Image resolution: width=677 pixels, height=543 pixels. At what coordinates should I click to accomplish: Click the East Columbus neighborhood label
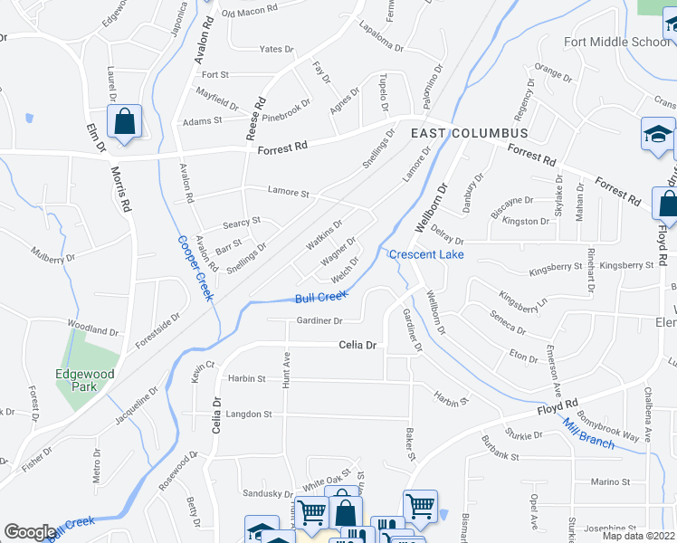(469, 133)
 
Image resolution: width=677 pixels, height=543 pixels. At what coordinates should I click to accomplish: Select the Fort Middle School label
(617, 42)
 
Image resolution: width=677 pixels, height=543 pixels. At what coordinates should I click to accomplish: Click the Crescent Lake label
(426, 254)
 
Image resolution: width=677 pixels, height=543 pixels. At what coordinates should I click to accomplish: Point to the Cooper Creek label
(195, 269)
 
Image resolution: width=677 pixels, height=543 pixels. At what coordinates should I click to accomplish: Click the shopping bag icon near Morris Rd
(124, 121)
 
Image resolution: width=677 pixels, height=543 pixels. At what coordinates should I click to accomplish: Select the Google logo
(30, 532)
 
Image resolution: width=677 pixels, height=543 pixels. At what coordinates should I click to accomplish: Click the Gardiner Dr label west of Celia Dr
(319, 320)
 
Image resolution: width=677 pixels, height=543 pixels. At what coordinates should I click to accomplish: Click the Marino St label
(610, 482)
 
